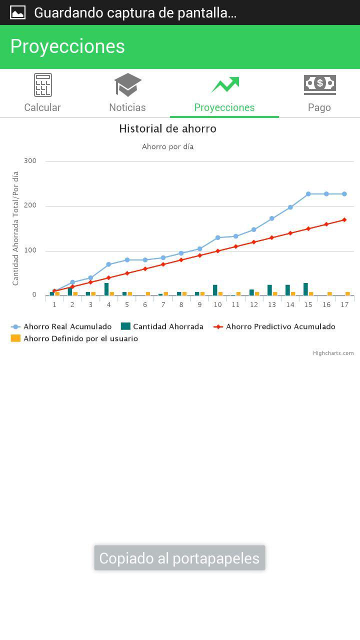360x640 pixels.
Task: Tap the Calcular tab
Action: click(42, 93)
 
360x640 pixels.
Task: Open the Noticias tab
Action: click(127, 93)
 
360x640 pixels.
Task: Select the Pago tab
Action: click(319, 93)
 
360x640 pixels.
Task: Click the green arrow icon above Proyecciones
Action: click(225, 84)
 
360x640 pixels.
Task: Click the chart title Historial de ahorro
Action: click(167, 129)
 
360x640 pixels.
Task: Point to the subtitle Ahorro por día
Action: click(167, 147)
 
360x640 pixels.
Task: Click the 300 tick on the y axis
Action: click(30, 161)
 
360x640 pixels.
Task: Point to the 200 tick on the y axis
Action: click(30, 206)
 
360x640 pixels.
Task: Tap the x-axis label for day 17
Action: click(344, 305)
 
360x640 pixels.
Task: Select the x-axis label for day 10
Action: click(217, 305)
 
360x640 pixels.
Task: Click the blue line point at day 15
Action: click(308, 194)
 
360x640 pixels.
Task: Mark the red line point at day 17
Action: click(344, 219)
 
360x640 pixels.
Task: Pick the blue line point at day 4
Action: click(108, 264)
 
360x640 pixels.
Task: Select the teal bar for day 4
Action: click(106, 289)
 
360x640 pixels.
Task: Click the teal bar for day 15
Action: click(305, 289)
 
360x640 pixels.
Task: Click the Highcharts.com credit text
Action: click(333, 353)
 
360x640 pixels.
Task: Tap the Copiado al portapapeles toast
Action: click(179, 558)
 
